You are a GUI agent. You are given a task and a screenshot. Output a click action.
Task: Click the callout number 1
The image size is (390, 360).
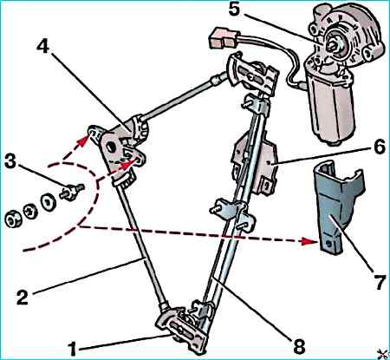pyautogui.click(x=73, y=348)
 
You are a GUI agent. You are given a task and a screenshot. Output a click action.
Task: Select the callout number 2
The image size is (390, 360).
pyautogui.click(x=23, y=297)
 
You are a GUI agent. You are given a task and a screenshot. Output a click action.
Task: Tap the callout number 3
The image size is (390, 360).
pyautogui.click(x=10, y=161)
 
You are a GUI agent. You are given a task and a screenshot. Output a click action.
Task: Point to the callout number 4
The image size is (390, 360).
pyautogui.click(x=43, y=46)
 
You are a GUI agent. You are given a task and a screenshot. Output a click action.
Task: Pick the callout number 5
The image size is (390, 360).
pyautogui.click(x=234, y=10)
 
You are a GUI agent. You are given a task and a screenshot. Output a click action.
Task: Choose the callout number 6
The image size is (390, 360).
pyautogui.click(x=379, y=146)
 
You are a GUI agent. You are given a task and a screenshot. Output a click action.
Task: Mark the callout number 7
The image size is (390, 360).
pyautogui.click(x=380, y=282)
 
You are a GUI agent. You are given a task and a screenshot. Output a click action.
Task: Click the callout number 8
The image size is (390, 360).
pyautogui.click(x=299, y=345)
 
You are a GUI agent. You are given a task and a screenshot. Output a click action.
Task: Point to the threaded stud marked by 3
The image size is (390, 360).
pyautogui.click(x=71, y=191)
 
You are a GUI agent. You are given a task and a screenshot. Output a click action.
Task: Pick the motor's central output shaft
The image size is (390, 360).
pyautogui.click(x=335, y=45)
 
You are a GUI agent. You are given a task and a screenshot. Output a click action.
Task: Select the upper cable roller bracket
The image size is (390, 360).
pyautogui.click(x=253, y=75)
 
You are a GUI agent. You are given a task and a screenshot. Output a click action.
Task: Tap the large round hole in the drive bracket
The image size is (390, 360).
pyautogui.click(x=110, y=147)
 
